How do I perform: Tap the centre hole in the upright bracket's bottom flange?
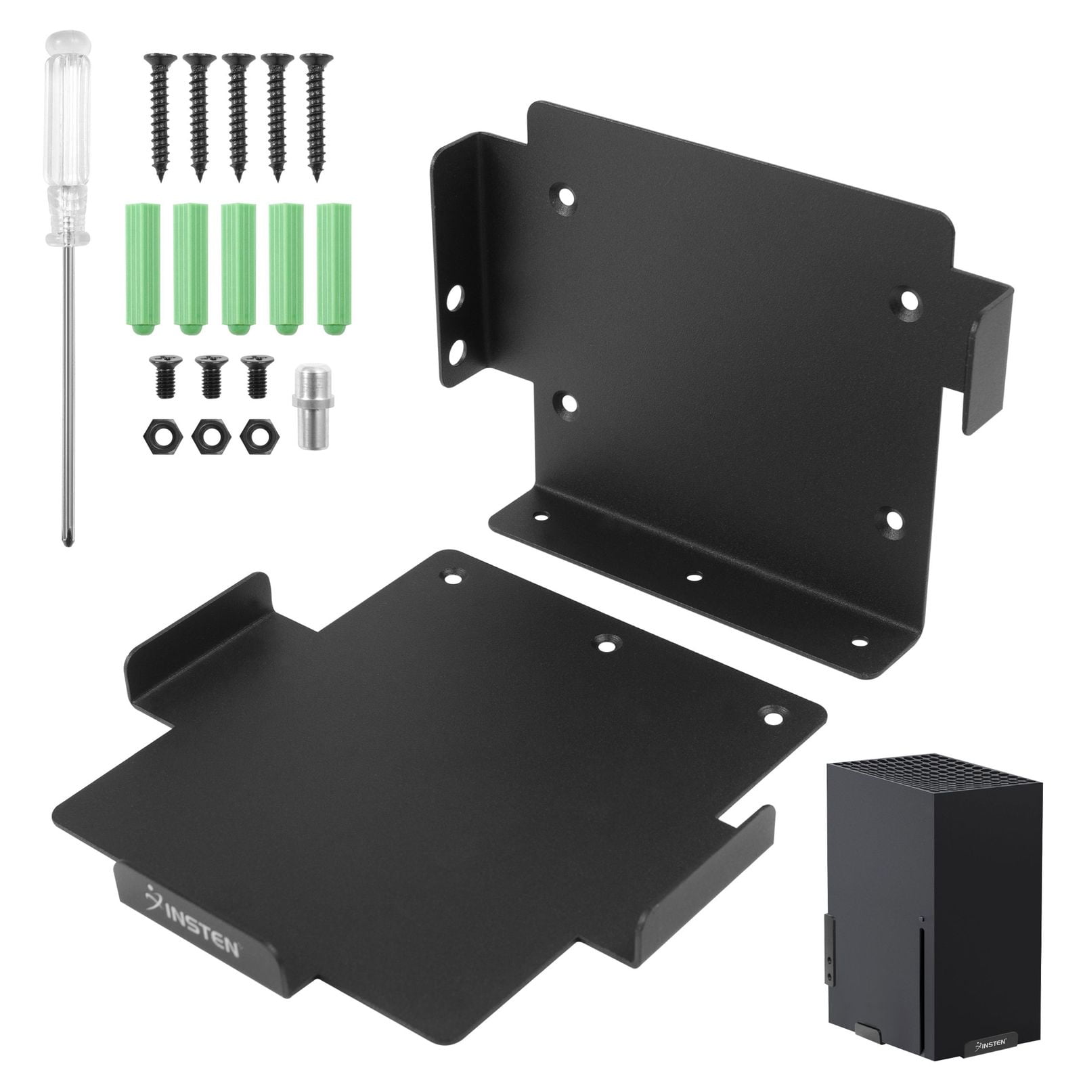tap(692, 577)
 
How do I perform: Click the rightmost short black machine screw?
tap(255, 376)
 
